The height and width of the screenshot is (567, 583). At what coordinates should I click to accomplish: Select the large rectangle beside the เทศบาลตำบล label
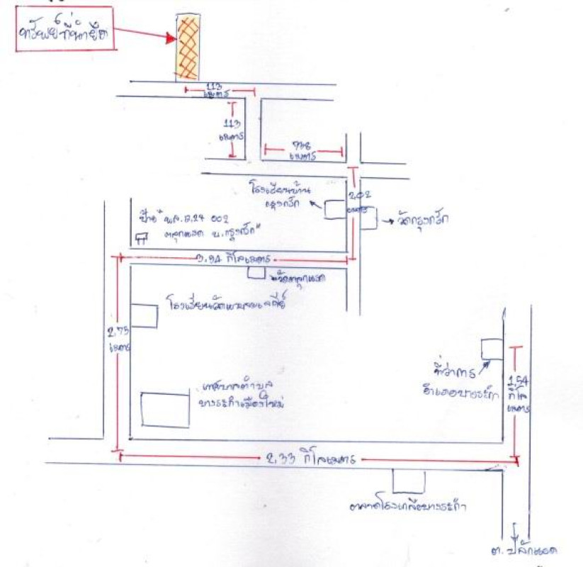pos(165,409)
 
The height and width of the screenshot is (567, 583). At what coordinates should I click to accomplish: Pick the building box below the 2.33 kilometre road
pos(409,481)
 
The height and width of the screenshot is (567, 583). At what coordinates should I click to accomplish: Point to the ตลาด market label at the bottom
pos(412,507)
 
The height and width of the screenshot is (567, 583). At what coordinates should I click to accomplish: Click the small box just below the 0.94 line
pos(256,272)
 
